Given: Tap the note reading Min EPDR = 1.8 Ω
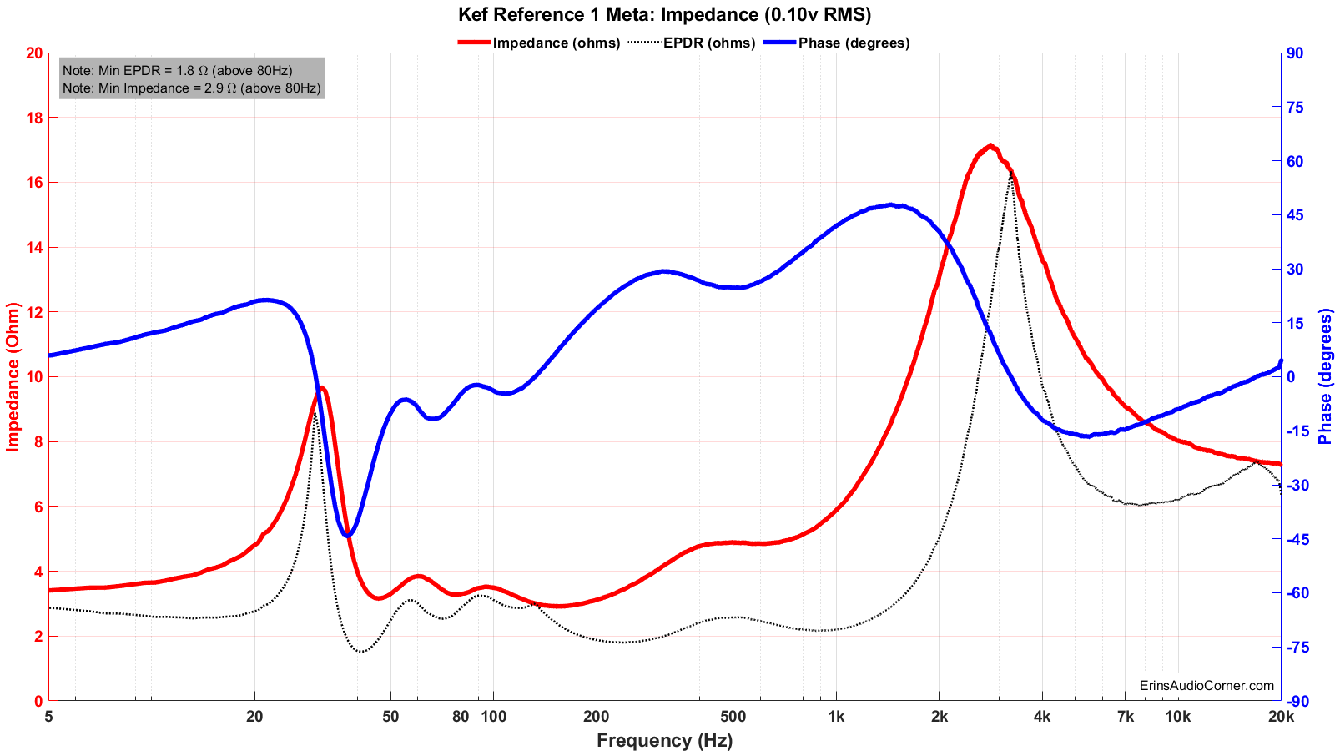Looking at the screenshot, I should click(x=177, y=71).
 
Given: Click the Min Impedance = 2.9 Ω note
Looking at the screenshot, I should click(x=191, y=88).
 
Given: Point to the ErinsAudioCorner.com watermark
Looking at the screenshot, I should click(x=1207, y=686).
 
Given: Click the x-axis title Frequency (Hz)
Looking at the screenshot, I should click(x=664, y=740).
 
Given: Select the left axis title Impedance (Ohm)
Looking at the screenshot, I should click(x=13, y=376).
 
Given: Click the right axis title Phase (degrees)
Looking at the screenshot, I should click(x=1325, y=376).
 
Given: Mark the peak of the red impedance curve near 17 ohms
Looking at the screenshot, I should click(x=990, y=145).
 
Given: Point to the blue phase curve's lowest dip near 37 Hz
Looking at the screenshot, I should click(x=348, y=535).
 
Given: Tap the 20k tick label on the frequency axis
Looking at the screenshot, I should click(x=1280, y=717).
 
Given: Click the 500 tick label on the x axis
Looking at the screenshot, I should click(x=732, y=717).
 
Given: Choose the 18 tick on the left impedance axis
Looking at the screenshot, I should click(x=34, y=118).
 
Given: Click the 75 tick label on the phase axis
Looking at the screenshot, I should click(x=1295, y=107).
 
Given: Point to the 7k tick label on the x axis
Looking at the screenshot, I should click(x=1125, y=717).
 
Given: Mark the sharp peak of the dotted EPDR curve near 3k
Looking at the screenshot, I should click(x=1011, y=172).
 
